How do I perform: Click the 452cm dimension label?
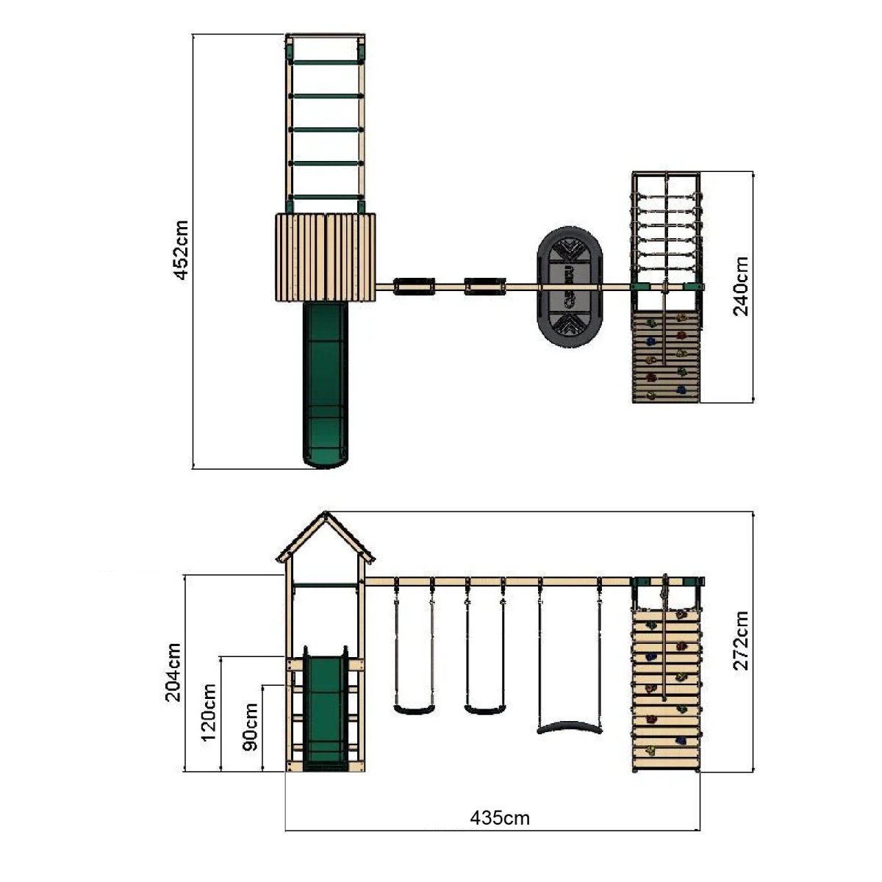(x=182, y=250)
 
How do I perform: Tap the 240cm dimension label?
(x=741, y=286)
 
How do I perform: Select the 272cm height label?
(x=741, y=640)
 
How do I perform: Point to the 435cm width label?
(x=500, y=818)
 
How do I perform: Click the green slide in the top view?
(x=326, y=384)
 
